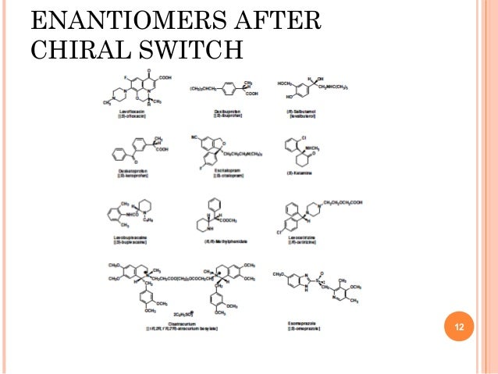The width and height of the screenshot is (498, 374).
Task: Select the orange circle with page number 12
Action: coord(459,326)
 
